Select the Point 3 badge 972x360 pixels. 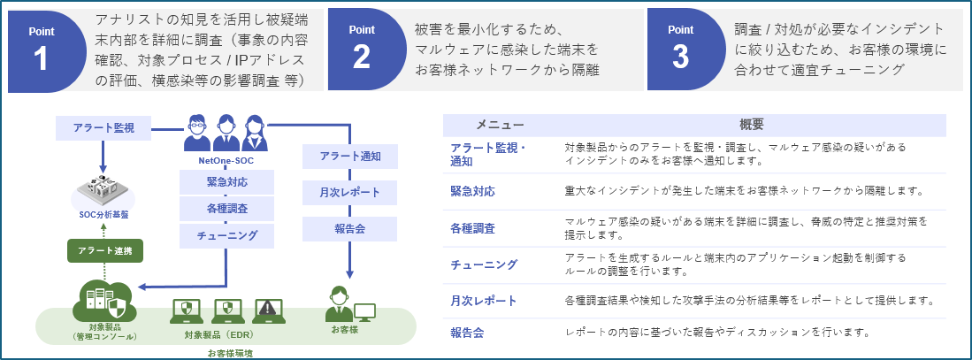coord(680,50)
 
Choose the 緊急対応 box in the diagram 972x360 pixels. coord(226,182)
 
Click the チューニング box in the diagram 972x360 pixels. coord(226,235)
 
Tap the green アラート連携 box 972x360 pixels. coord(105,250)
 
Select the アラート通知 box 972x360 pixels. coord(350,157)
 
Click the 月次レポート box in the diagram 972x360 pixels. coord(350,193)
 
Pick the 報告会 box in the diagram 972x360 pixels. coord(350,229)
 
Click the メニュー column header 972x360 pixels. coord(500,125)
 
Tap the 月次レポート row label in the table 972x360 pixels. coord(484,301)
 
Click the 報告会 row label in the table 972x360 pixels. coord(467,333)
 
